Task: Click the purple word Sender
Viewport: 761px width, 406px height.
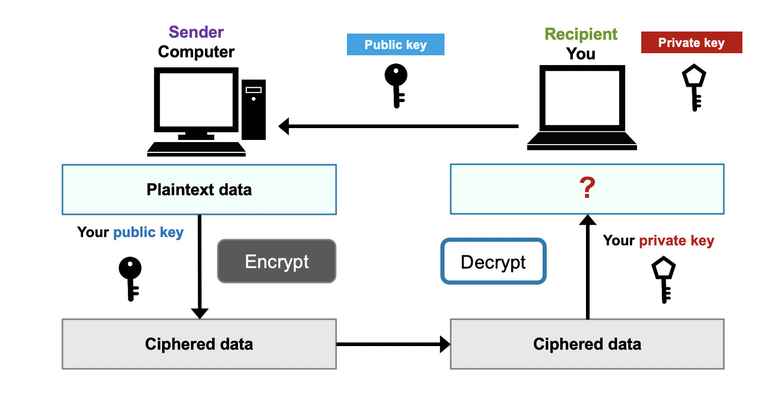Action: click(x=196, y=32)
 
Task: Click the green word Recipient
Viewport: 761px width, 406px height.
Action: click(x=581, y=34)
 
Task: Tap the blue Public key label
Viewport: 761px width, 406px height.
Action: click(x=395, y=44)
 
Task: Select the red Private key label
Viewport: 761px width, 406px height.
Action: click(x=691, y=42)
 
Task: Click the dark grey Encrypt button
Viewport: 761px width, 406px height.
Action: click(x=277, y=261)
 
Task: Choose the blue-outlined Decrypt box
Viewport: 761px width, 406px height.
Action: click(x=493, y=261)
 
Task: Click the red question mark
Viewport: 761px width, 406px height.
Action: click(x=587, y=189)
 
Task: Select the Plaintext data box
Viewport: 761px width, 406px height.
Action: click(x=199, y=190)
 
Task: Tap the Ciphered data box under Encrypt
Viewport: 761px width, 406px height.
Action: click(x=199, y=344)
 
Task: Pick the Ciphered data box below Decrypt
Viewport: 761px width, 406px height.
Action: click(x=587, y=344)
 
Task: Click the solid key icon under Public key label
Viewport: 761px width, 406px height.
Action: click(x=396, y=85)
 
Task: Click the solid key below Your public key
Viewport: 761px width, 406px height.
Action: click(x=130, y=278)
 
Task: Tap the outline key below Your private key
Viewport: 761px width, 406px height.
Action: click(x=663, y=280)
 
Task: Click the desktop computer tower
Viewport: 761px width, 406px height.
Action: click(x=253, y=110)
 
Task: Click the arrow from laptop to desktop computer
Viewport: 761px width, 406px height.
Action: click(x=398, y=126)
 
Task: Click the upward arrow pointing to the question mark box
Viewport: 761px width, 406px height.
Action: click(x=587, y=266)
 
